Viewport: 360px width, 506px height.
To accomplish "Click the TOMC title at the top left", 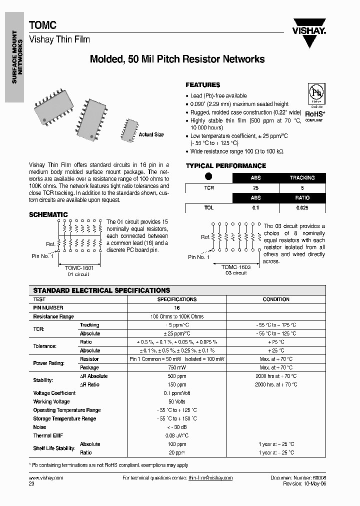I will point(42,25).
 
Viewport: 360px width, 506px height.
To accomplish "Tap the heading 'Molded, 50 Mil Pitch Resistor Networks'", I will point(177,59).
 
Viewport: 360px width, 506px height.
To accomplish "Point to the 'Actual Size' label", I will point(151,135).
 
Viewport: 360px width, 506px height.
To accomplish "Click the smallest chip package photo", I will point(128,130).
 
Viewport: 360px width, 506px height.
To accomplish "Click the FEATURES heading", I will point(202,85).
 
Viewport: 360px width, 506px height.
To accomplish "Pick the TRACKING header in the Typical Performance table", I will point(302,178).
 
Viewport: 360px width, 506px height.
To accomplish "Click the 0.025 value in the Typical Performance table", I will point(302,207).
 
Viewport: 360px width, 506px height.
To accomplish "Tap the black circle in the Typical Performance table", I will point(209,176).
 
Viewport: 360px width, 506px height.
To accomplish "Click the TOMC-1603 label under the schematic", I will point(236,267).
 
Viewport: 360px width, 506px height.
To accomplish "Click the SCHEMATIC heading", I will point(48,214).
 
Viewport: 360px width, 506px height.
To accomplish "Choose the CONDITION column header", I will point(276,299).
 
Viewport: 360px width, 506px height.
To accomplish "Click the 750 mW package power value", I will point(177,367).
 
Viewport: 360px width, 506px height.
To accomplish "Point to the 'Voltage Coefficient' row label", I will point(54,393).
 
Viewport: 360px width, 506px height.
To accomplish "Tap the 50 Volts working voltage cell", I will point(177,401).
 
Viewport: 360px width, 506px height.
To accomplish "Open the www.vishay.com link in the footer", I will point(46,478).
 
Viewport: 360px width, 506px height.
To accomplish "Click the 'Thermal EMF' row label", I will point(47,435).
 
